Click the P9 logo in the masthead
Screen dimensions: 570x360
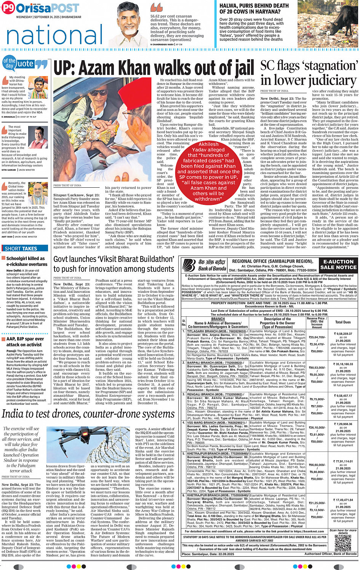tap(8, 8)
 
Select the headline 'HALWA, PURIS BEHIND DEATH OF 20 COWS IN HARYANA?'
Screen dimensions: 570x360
tap(254, 8)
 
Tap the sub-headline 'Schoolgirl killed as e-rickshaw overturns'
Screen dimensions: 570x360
tap(26, 261)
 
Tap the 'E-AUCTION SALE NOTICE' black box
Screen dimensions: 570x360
tap(338, 265)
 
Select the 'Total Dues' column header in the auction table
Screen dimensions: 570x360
tap(343, 322)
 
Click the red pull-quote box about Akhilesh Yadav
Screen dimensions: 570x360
tap(208, 171)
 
